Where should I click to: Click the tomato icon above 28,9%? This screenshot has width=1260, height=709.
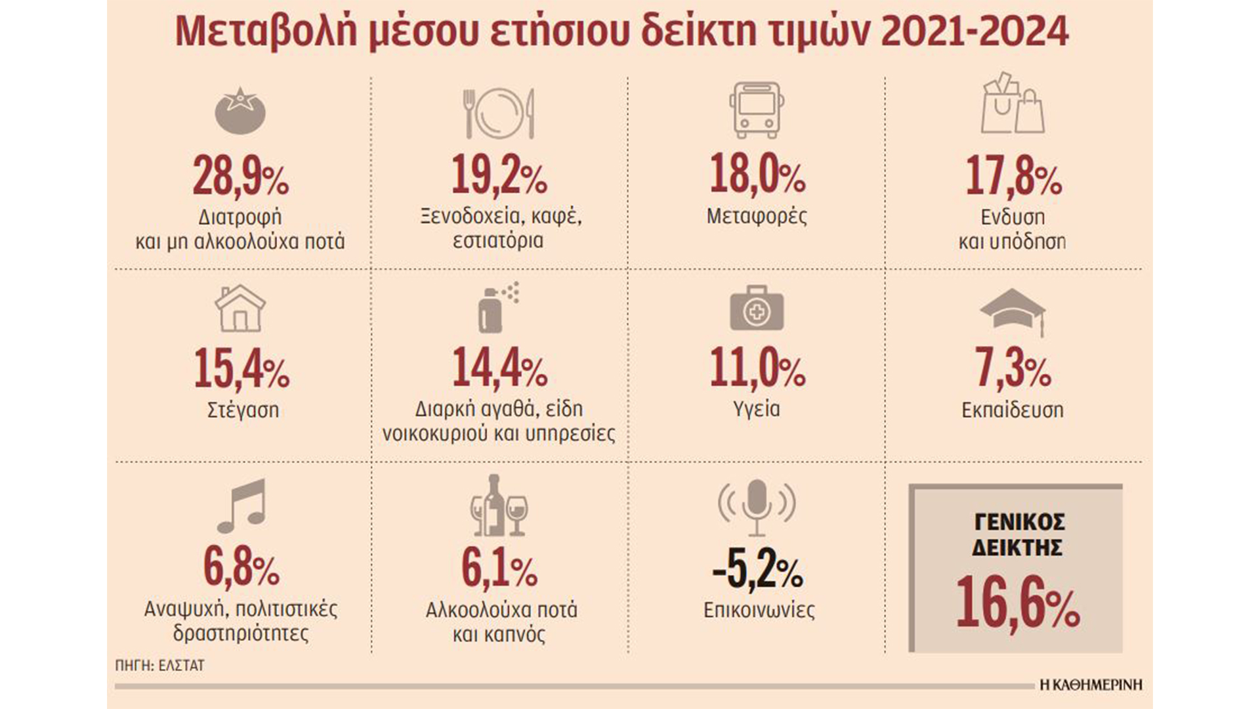tap(240, 111)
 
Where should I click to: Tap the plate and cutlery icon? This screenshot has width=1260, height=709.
tap(499, 113)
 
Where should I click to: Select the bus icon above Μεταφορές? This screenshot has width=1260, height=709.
tap(757, 110)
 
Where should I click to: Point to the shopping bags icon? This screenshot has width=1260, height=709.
tap(1012, 104)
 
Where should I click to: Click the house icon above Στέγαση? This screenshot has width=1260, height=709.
tap(240, 308)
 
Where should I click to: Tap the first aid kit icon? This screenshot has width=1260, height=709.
tap(757, 309)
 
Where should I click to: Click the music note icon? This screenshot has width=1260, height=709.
tap(241, 505)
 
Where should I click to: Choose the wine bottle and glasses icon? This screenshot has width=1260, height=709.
tap(499, 505)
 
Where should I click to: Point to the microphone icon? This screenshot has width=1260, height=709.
tap(757, 506)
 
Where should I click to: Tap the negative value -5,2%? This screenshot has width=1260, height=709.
tap(757, 570)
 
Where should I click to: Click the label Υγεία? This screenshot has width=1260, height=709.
tap(757, 410)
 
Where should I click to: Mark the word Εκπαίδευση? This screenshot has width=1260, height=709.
tap(1012, 410)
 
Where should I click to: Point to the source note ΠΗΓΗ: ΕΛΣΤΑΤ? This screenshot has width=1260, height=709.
tap(159, 665)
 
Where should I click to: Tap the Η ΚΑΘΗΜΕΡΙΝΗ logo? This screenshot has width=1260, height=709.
tap(1091, 685)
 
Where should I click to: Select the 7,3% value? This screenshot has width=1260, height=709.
tap(1012, 369)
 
